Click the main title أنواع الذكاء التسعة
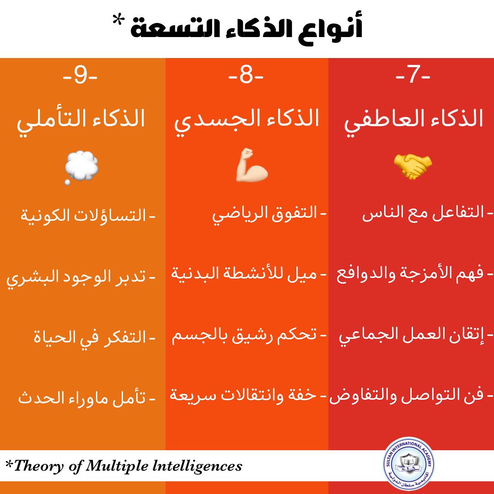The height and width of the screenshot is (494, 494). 247,29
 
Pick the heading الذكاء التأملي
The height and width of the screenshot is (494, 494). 81,118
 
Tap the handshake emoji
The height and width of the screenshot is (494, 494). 413,166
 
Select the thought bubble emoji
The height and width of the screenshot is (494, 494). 81,166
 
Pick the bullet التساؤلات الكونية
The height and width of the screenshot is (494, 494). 83,214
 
